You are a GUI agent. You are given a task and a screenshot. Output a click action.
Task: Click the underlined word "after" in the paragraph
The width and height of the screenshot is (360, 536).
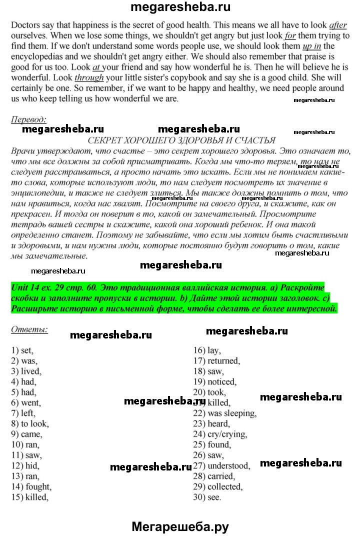click(337, 25)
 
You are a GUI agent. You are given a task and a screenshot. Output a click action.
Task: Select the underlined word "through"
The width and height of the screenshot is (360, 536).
click(89, 77)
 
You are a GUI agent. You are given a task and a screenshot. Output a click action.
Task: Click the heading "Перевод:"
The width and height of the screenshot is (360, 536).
click(28, 119)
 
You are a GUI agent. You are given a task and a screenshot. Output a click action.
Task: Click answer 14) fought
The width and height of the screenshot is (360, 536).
click(31, 486)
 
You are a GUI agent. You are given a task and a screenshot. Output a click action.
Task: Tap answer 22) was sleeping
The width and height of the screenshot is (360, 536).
click(225, 413)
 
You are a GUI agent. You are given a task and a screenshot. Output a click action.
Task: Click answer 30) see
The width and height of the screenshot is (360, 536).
click(207, 497)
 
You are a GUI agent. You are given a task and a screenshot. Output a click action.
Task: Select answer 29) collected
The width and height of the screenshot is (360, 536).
click(218, 486)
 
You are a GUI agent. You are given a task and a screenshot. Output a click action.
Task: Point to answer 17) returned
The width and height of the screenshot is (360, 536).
click(217, 361)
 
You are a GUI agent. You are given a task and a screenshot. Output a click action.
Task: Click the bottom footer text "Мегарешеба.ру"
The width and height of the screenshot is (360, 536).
click(180, 526)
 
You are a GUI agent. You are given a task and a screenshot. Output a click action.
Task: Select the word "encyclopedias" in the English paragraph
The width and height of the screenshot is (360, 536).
click(35, 56)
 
